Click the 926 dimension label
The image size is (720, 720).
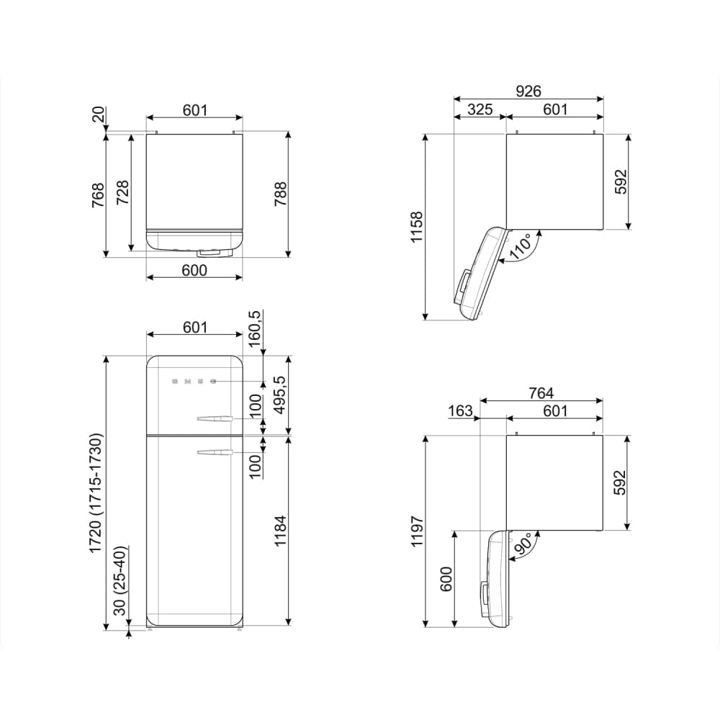(528, 91)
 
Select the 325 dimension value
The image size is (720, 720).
(480, 109)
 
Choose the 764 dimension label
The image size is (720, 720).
(541, 392)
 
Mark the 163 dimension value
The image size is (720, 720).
(460, 411)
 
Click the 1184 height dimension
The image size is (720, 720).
(280, 530)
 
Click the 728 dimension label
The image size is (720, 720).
(123, 192)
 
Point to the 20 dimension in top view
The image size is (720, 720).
(99, 115)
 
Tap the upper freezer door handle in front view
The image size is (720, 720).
(212, 418)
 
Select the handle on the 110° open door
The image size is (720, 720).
(462, 287)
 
